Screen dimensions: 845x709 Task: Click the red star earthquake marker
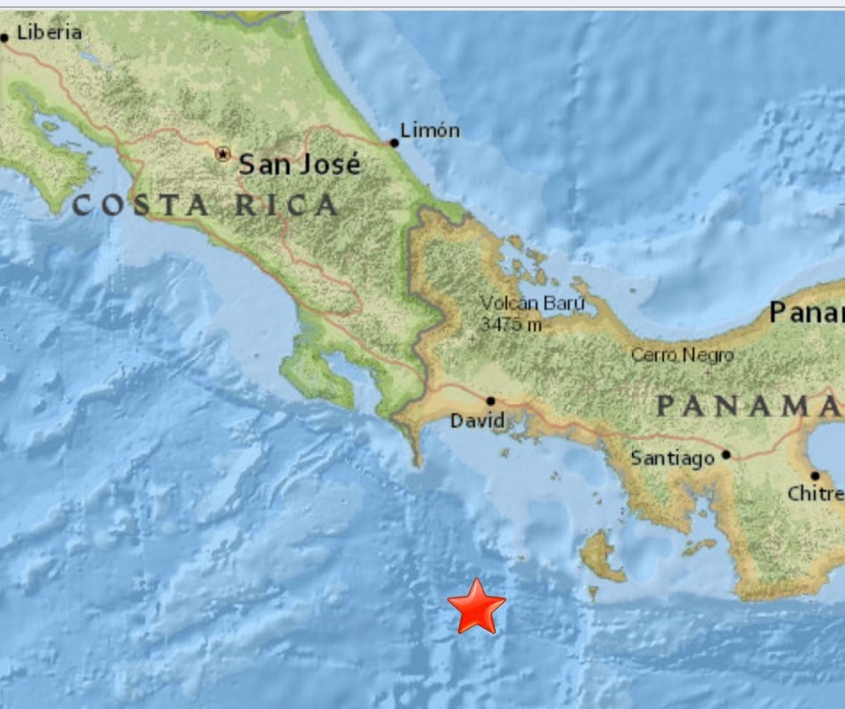coord(477,607)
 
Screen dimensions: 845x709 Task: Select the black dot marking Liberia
coord(4,37)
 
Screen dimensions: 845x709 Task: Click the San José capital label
coord(300,164)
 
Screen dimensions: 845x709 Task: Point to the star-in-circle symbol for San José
coord(223,154)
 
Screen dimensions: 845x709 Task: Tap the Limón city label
coord(430,131)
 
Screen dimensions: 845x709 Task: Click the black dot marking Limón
coord(394,143)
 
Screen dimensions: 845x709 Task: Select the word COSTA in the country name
coord(141,206)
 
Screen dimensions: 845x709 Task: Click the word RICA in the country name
coord(286,206)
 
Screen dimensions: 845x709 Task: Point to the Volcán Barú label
coord(532,303)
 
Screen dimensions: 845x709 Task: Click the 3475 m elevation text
coord(511,324)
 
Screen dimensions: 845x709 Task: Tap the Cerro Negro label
coord(682,355)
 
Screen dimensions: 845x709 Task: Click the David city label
coord(477,420)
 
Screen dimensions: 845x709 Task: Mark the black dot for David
coord(490,402)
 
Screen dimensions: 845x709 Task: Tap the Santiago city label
coord(672,459)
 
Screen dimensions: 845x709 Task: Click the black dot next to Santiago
coord(726,454)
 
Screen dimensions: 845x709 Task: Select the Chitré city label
coord(816,493)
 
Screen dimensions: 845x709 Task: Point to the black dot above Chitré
coord(815,476)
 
